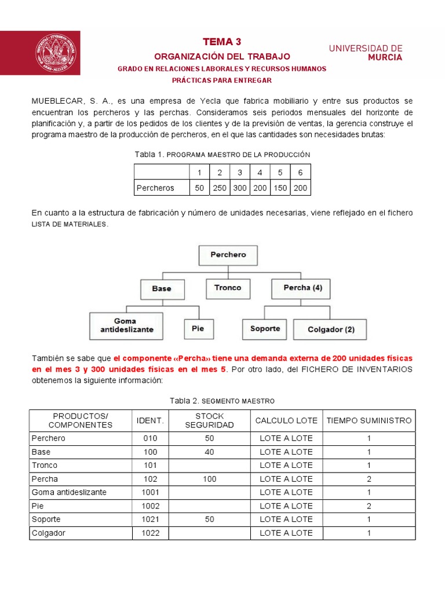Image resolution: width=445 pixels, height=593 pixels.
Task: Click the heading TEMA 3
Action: [x=222, y=42]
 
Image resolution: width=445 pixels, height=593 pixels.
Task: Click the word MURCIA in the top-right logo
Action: [x=384, y=58]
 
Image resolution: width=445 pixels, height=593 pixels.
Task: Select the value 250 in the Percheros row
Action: [x=220, y=188]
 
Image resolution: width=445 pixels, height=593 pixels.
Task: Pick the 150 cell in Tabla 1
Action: [x=280, y=188]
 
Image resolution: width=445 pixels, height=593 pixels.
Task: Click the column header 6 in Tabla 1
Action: [x=300, y=173]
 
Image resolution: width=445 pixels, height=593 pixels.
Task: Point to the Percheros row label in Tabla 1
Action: [x=155, y=188]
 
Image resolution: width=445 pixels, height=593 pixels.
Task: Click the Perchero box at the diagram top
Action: [x=228, y=255]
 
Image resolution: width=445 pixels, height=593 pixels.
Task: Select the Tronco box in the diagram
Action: [x=228, y=288]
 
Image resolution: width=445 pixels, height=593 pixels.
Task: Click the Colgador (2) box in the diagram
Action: [x=331, y=329]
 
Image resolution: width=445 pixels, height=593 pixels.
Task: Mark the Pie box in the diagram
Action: [x=198, y=328]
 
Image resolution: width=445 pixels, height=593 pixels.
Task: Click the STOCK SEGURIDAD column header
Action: [x=209, y=420]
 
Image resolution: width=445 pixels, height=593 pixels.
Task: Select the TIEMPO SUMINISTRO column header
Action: [x=369, y=420]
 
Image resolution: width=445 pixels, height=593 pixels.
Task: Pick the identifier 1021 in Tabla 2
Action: [x=150, y=519]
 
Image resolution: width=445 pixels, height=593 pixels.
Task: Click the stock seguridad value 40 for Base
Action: [x=209, y=452]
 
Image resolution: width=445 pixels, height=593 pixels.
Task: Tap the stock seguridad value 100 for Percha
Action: [x=209, y=479]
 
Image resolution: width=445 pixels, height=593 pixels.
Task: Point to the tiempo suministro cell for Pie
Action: [x=369, y=506]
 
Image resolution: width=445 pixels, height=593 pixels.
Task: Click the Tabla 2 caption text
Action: [x=222, y=401]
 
